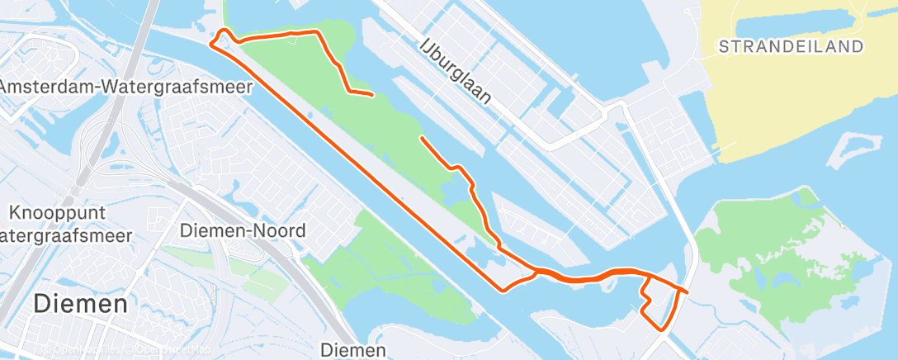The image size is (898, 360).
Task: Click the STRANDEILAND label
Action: [x=791, y=46]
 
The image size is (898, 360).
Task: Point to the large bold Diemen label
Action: [x=80, y=304]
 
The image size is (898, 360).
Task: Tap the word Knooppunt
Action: [x=57, y=214]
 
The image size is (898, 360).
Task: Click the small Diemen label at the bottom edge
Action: [x=353, y=349]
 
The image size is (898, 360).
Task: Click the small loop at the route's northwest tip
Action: [x=221, y=37]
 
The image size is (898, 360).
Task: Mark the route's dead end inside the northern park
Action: [x=373, y=95]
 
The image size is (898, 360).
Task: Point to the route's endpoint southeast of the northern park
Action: [x=422, y=138]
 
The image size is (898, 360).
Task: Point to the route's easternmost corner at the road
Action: [x=685, y=291]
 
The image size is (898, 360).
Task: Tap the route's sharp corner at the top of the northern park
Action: [x=319, y=31]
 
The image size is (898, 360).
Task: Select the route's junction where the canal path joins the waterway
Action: [x=536, y=270]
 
